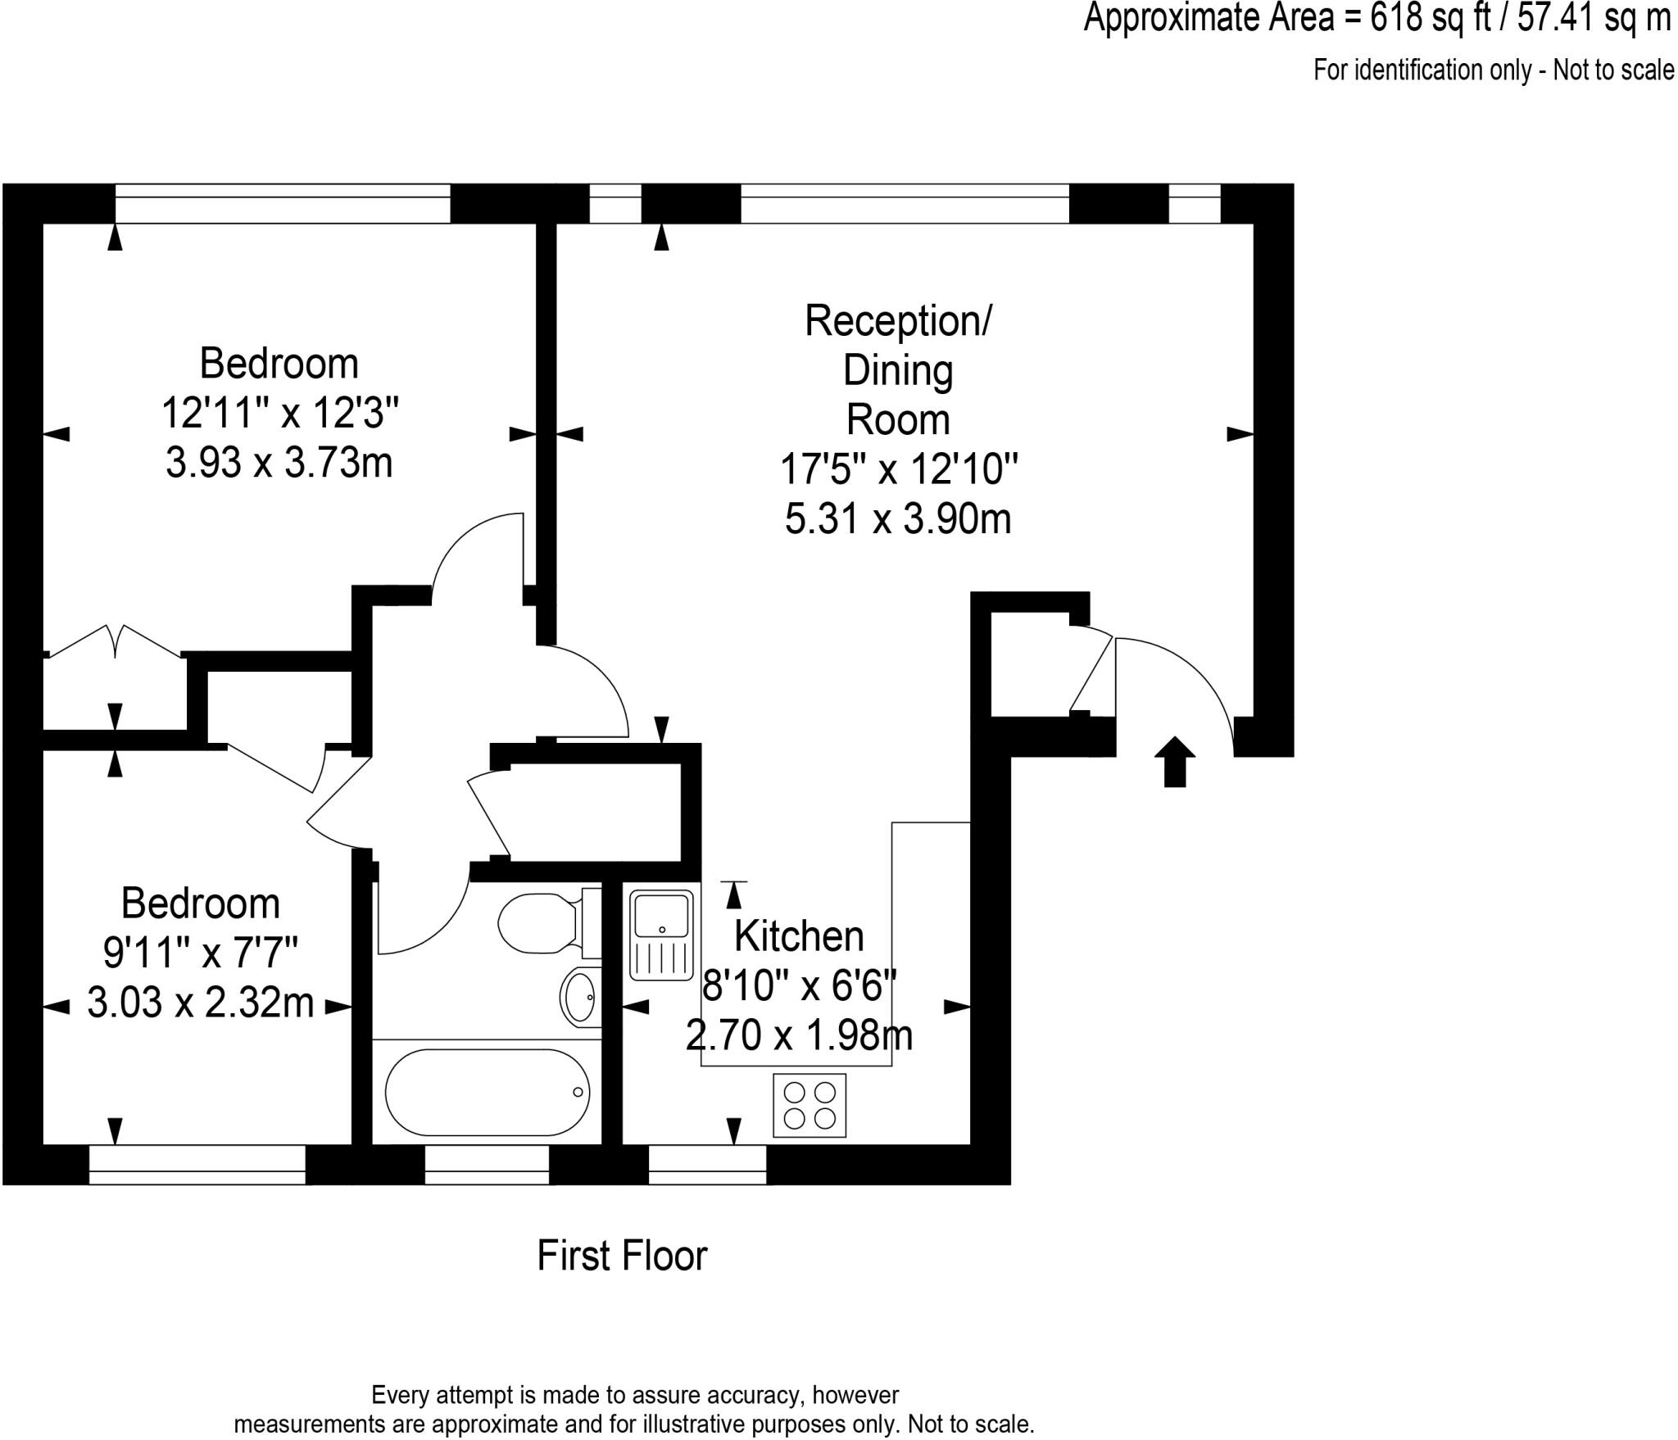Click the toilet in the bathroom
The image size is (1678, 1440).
click(541, 924)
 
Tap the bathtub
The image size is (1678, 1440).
click(487, 1092)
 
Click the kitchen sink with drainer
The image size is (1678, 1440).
click(661, 937)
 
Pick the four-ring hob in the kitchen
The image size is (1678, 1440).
click(810, 1105)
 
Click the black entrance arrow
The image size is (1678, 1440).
click(1175, 762)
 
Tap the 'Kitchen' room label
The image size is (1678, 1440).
click(799, 936)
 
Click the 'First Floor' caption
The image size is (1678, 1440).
click(622, 1256)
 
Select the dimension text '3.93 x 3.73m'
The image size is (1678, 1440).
click(279, 463)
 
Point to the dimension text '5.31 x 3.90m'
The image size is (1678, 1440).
click(898, 519)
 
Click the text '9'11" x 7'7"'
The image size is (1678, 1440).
click(201, 953)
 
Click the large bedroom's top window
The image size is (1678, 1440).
click(283, 203)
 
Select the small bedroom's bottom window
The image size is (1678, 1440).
click(197, 1164)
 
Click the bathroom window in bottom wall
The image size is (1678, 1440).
click(487, 1164)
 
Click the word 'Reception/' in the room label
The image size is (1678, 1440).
click(898, 321)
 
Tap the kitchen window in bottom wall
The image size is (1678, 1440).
click(707, 1164)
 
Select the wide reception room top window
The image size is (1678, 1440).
click(905, 203)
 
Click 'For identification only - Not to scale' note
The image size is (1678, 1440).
click(1493, 70)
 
